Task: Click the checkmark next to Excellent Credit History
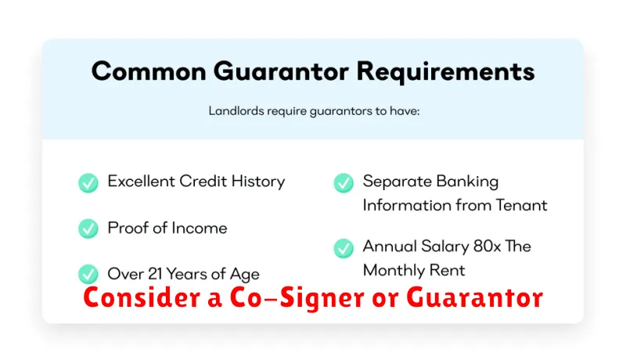click(88, 183)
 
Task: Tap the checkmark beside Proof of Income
click(88, 229)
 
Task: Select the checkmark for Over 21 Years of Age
click(88, 274)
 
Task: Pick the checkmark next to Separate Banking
click(344, 183)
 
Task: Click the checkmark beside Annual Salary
click(344, 248)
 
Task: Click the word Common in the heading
click(149, 71)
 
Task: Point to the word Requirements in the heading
click(445, 72)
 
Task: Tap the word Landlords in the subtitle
click(236, 110)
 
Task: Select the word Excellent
click(142, 182)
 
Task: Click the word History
click(258, 182)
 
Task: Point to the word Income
click(200, 229)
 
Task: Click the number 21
click(155, 274)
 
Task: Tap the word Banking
click(467, 182)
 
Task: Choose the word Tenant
click(521, 205)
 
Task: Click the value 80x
click(487, 247)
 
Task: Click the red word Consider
click(142, 297)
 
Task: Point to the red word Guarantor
click(475, 297)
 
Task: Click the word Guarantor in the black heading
click(281, 72)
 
